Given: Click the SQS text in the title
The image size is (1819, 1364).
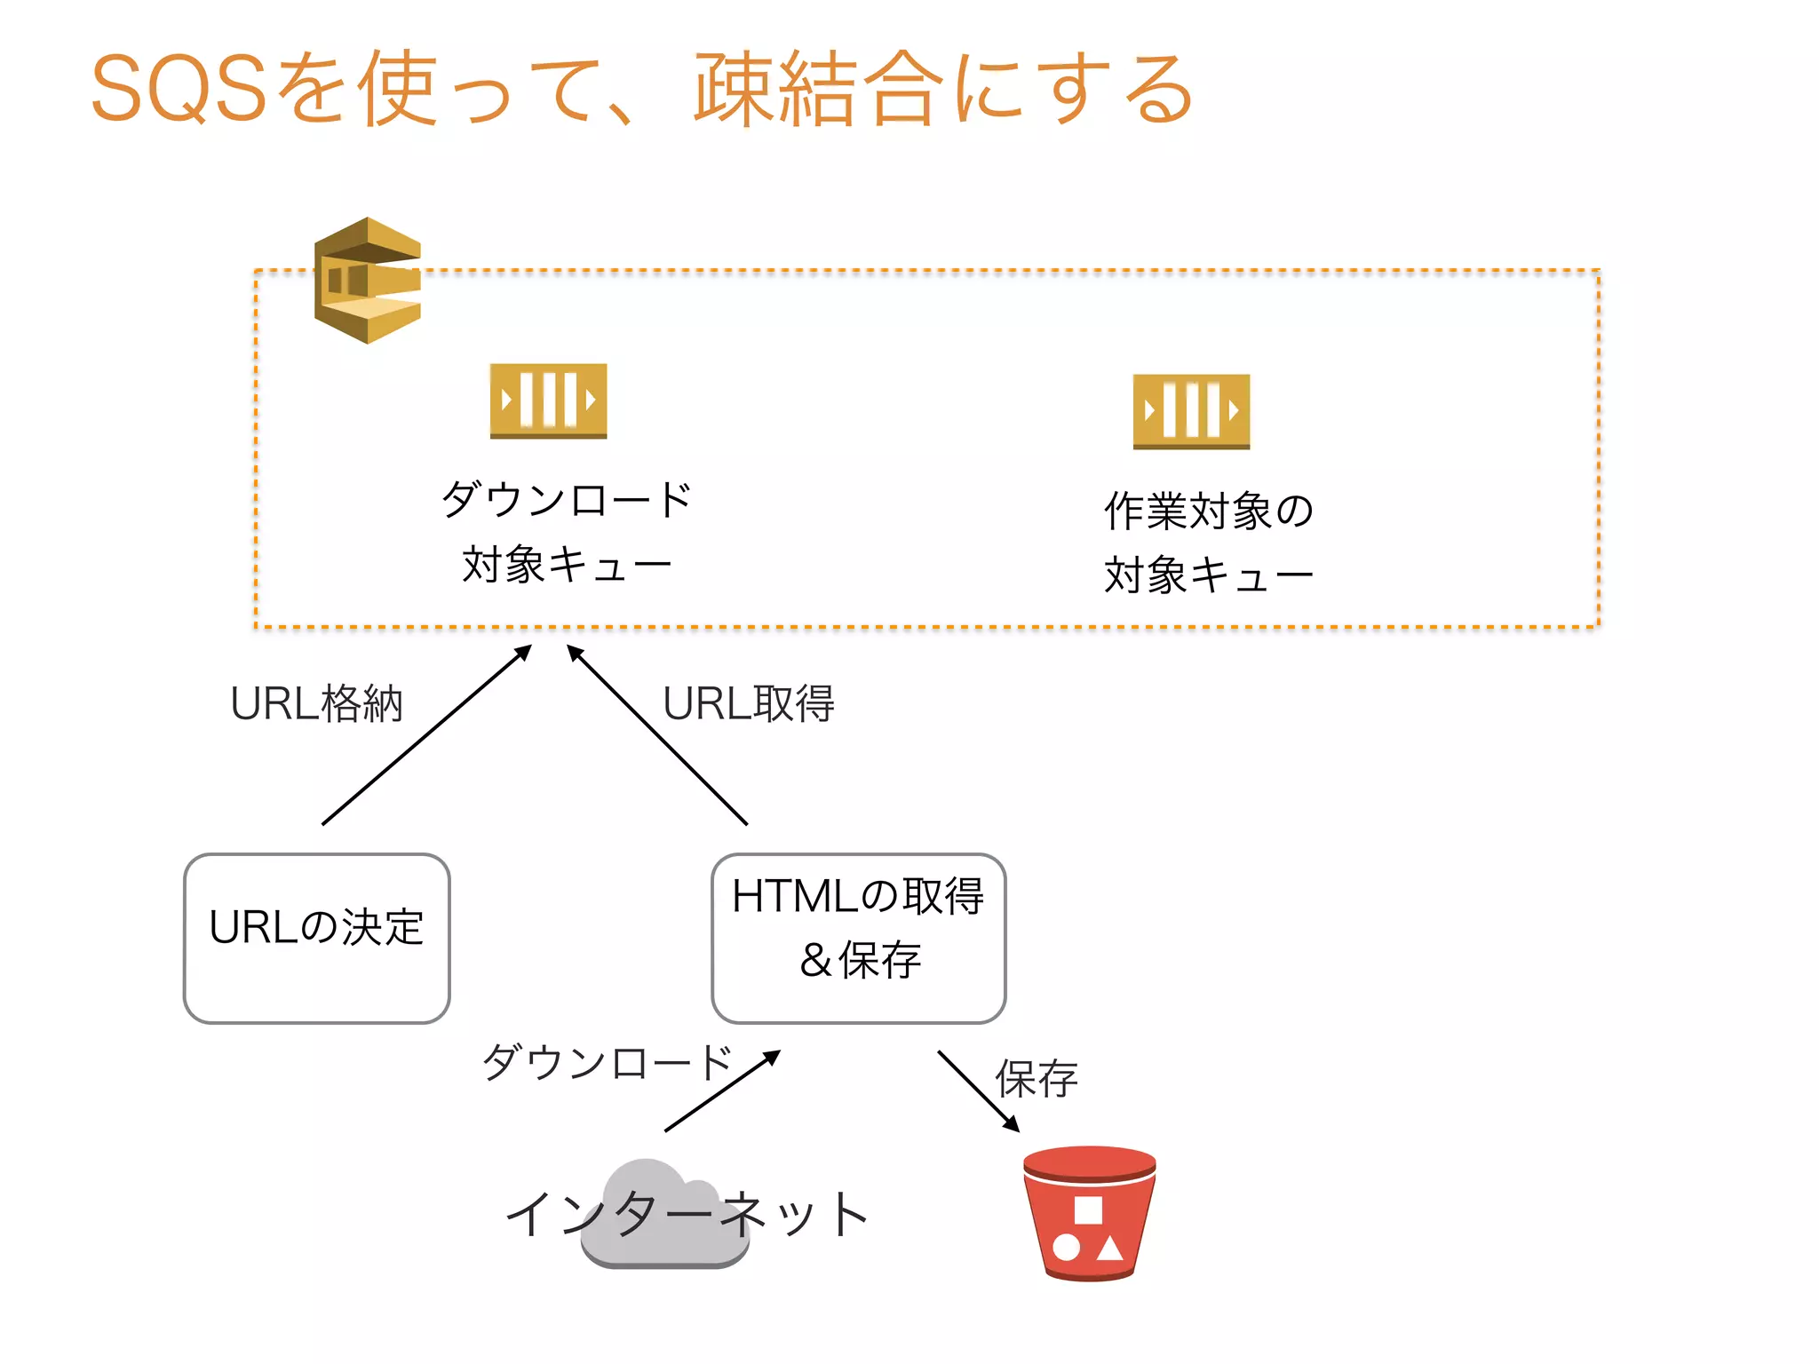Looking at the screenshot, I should (x=178, y=89).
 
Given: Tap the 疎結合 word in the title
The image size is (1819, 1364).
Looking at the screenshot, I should (x=817, y=89).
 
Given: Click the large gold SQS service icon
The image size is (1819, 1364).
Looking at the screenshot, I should (x=368, y=281).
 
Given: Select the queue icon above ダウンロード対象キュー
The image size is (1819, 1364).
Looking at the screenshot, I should (x=548, y=400).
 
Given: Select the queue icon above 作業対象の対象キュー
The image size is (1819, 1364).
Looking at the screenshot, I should (x=1191, y=411).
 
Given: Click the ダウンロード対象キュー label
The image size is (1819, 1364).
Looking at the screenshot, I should (x=567, y=532).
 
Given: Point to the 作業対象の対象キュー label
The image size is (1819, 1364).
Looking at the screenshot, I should (x=1208, y=543).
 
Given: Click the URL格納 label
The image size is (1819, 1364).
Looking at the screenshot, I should (x=316, y=704).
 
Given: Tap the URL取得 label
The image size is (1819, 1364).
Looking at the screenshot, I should (x=748, y=704).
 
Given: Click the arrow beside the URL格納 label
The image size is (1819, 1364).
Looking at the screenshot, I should (x=426, y=735).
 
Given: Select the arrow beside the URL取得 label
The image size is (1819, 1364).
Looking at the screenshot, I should (x=657, y=735).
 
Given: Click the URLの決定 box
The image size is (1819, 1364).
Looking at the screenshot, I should (x=316, y=938).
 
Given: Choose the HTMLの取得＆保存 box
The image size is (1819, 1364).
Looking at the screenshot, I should (x=858, y=938).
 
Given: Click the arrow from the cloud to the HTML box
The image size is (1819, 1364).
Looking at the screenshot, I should (x=722, y=1091).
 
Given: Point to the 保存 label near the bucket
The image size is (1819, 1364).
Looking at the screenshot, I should (x=1037, y=1079).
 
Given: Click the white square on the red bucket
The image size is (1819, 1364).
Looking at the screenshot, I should (x=1088, y=1209).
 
